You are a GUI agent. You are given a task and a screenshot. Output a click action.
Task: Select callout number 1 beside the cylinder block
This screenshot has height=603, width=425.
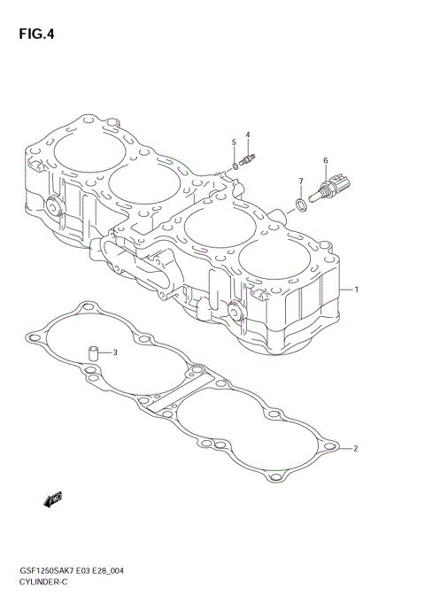[x=355, y=290]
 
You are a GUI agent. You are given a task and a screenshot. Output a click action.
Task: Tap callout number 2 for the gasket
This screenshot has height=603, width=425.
[x=355, y=448]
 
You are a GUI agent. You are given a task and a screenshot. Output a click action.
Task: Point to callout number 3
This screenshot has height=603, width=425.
[x=114, y=352]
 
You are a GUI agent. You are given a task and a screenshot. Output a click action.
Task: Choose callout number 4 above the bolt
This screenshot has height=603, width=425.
[x=248, y=135]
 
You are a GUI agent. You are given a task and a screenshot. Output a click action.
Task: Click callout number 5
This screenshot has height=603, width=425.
[x=234, y=142]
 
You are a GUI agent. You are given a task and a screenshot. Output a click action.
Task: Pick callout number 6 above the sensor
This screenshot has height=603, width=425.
[x=326, y=160]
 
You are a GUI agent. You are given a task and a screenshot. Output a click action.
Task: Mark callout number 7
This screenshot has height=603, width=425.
[x=300, y=181]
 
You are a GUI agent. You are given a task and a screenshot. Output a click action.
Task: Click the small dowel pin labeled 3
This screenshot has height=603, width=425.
[x=91, y=353]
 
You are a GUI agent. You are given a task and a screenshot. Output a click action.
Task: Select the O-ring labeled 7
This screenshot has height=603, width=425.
[x=301, y=205]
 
